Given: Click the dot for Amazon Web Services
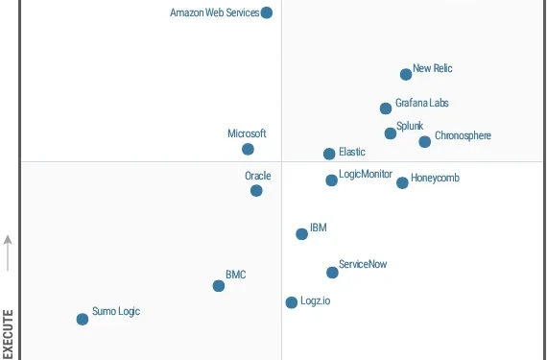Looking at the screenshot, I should (267, 12).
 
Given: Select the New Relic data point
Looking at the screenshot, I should (406, 74).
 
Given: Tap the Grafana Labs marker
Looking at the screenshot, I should (386, 108).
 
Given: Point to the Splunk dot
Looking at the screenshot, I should (391, 133).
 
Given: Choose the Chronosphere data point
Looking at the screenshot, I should (425, 142).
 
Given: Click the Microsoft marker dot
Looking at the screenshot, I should (248, 149).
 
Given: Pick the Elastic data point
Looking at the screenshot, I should (329, 154).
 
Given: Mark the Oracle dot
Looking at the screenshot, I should (256, 190).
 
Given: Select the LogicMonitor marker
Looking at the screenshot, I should (331, 180).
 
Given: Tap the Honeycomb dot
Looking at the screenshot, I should (402, 182).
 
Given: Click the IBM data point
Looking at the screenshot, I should (301, 233).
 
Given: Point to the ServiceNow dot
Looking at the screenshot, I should (332, 273).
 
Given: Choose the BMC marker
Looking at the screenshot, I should (219, 285).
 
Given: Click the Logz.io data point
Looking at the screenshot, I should (292, 302).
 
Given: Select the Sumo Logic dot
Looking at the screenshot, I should (83, 319).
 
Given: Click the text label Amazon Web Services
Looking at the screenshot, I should (214, 12).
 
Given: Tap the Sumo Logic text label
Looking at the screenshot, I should (116, 312).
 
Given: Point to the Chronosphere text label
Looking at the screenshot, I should (463, 136).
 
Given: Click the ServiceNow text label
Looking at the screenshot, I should (363, 264).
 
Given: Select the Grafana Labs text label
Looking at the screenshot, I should (421, 103).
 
